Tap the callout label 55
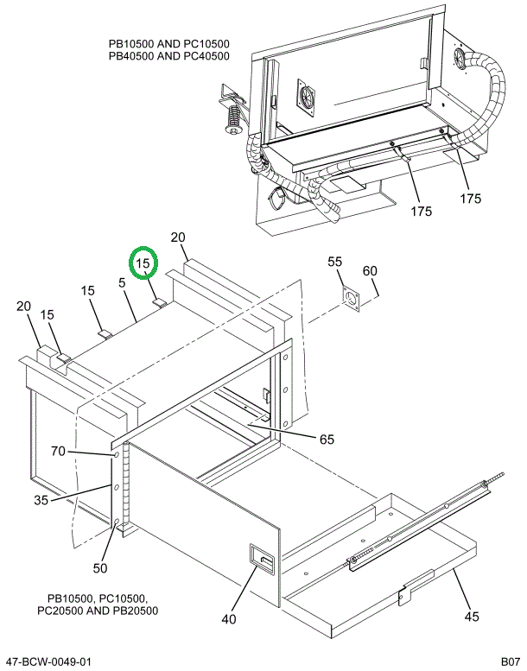tap(334, 262)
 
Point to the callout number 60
tap(370, 271)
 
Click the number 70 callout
tap(58, 451)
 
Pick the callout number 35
tap(41, 499)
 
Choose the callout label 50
tap(100, 568)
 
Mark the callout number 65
tap(327, 440)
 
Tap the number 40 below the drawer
tap(229, 618)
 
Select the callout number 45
tap(471, 617)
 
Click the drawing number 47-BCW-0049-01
tap(48, 662)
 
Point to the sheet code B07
tap(509, 662)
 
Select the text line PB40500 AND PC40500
tap(168, 57)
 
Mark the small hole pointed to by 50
tap(116, 522)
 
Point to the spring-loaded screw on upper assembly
tap(232, 117)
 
